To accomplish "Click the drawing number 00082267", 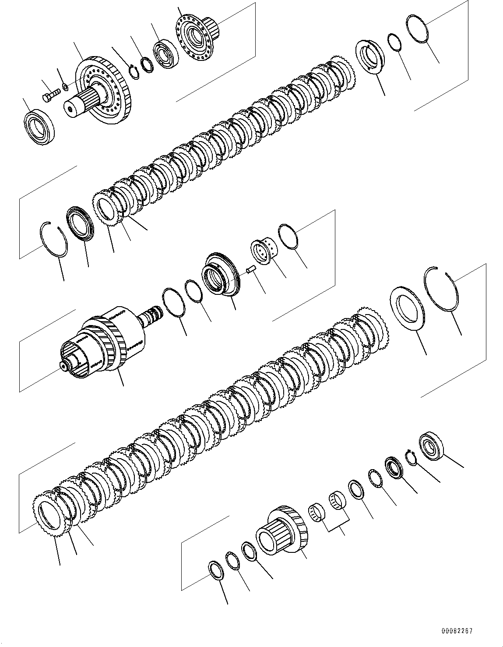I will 457,631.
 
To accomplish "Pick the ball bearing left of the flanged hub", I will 165,55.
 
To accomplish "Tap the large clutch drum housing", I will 105,342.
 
